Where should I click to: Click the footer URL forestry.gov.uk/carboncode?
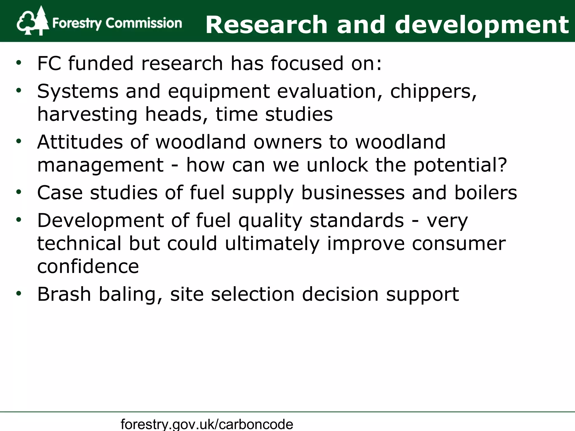click(207, 424)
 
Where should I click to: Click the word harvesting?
click(87, 114)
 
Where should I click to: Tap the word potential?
click(460, 165)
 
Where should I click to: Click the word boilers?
click(486, 193)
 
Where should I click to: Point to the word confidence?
click(88, 266)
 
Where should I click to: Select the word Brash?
click(64, 294)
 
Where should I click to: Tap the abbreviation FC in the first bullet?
click(49, 63)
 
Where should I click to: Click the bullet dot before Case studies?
click(19, 192)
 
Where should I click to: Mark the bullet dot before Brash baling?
click(19, 294)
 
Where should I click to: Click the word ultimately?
click(272, 244)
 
